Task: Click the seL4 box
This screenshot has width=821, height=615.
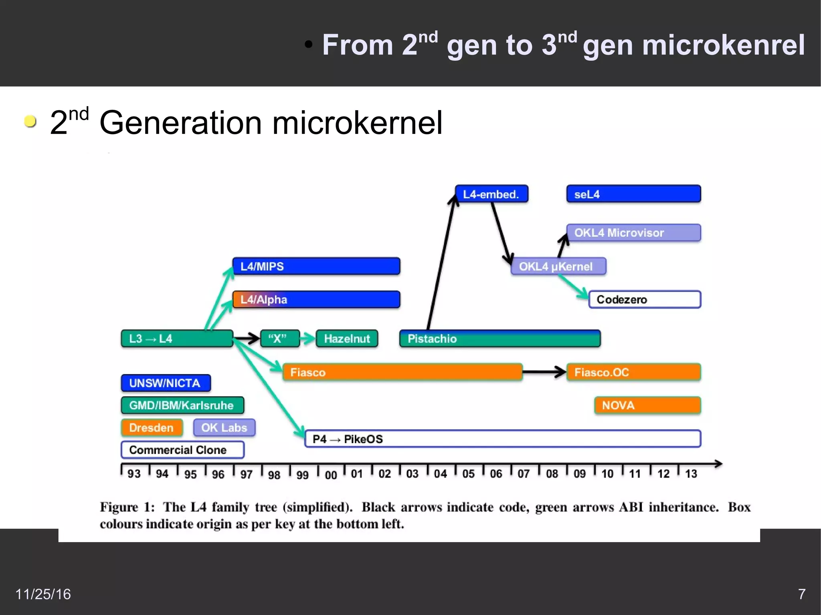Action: [633, 194]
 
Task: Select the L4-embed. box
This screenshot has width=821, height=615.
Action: [491, 194]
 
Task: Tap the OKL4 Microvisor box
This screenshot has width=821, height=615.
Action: [633, 232]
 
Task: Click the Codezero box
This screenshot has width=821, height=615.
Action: [644, 299]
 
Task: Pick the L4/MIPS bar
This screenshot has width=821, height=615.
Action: [316, 266]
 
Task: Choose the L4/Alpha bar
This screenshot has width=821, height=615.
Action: [316, 299]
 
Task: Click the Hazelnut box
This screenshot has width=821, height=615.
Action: [347, 339]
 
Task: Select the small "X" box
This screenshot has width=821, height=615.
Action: [280, 339]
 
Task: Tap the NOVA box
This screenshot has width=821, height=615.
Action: [647, 405]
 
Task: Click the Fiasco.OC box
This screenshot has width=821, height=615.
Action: [633, 372]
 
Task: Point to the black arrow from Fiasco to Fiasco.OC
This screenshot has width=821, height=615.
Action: [544, 372]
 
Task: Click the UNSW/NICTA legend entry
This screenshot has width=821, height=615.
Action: [166, 383]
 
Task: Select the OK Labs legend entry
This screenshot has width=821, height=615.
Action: [224, 427]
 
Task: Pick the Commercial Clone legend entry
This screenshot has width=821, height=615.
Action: [182, 450]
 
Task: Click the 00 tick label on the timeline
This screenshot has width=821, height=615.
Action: [331, 475]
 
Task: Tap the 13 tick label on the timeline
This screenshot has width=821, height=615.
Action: [691, 474]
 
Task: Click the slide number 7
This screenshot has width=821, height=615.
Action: [801, 594]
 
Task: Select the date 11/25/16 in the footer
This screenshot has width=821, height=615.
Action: [43, 594]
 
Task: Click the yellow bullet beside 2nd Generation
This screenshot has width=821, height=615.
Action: [30, 121]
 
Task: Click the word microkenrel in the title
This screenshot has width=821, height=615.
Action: [694, 45]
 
